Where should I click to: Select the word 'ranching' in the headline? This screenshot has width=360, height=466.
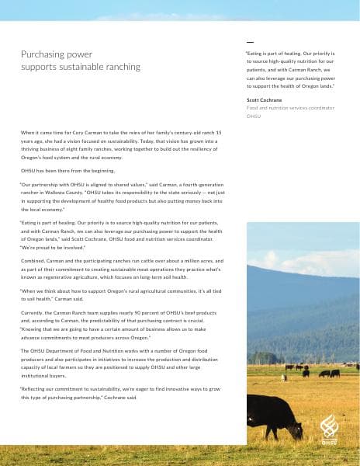120,67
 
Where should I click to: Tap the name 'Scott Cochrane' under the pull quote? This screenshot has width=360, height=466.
265,100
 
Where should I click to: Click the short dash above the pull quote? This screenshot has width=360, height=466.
250,41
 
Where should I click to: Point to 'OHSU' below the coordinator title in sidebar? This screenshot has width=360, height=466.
254,116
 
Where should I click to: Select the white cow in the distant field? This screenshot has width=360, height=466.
283,377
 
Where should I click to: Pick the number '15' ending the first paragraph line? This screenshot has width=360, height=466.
219,134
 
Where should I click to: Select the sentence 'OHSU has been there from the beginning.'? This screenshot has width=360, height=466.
67,170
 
